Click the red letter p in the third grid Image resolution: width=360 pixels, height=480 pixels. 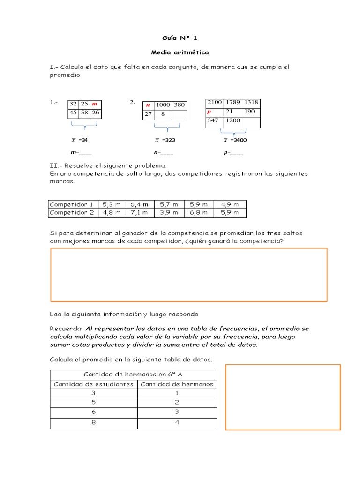210,112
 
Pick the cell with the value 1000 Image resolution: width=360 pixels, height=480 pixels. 163,105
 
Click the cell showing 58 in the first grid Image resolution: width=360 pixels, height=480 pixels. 84,112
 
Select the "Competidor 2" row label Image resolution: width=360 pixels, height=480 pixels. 72,213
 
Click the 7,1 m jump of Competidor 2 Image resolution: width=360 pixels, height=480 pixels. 139,213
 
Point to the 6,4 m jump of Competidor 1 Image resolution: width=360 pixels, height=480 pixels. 139,204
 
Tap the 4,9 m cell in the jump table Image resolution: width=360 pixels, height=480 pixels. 230,204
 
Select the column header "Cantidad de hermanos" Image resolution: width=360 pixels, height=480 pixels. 177,384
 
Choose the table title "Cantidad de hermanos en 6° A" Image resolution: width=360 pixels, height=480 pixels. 134,374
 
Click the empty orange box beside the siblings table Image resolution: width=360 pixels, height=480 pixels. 283,397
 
